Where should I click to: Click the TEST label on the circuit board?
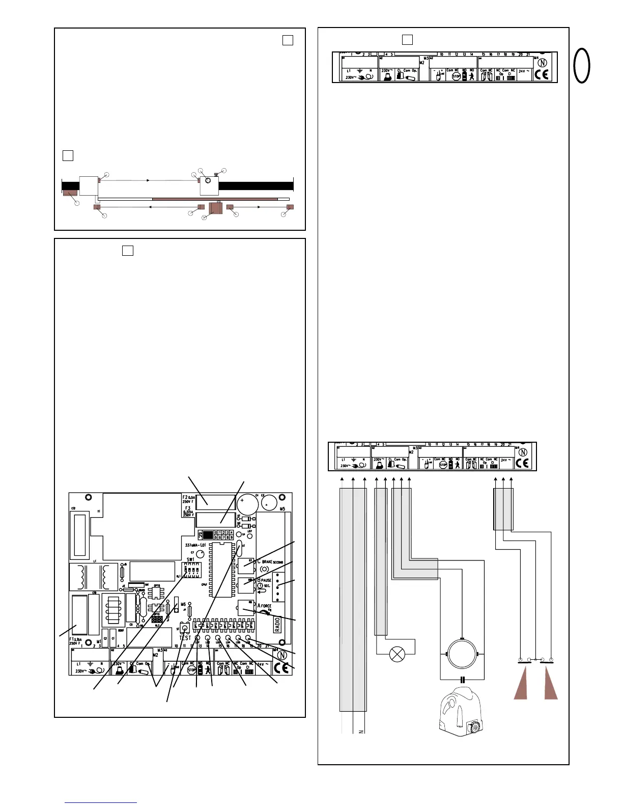185,638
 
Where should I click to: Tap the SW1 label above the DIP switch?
190,559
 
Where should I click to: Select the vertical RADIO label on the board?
278,624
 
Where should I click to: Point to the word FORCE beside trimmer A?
267,606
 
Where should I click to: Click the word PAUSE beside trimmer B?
266,580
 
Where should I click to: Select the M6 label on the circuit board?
183,605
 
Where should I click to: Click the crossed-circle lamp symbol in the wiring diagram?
396,654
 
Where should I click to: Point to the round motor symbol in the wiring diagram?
462,653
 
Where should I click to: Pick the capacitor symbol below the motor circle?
462,679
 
